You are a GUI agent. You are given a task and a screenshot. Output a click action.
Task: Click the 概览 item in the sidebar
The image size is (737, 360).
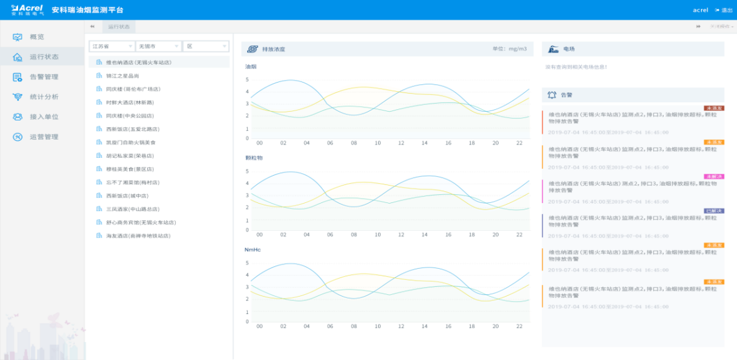(x=37, y=37)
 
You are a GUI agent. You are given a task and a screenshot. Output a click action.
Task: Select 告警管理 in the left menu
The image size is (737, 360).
(x=43, y=77)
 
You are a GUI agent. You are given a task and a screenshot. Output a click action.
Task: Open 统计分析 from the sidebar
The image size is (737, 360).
(x=43, y=97)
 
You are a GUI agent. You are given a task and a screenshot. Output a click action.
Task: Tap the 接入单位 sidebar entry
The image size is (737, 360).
(x=43, y=117)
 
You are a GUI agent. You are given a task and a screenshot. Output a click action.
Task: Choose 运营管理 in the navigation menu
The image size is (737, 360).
(x=43, y=137)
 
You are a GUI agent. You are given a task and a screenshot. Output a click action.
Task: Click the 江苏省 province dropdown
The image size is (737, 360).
(x=112, y=47)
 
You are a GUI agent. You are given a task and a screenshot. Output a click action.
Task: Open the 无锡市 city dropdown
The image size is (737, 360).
(x=158, y=47)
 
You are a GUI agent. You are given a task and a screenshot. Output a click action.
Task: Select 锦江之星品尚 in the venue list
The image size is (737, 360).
(x=118, y=76)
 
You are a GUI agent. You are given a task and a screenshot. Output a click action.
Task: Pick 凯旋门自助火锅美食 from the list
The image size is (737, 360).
(x=129, y=142)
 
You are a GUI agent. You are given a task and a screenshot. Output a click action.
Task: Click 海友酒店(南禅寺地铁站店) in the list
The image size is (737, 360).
(x=137, y=236)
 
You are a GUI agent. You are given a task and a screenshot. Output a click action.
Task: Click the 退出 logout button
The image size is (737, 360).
(x=725, y=10)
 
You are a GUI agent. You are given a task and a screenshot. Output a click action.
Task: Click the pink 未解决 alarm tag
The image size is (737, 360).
(x=713, y=177)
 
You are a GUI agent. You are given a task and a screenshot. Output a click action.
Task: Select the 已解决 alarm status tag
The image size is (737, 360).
(x=713, y=211)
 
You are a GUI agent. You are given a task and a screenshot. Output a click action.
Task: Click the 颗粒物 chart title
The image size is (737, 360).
(x=255, y=158)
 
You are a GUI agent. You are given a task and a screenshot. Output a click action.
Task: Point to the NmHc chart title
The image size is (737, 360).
(x=252, y=250)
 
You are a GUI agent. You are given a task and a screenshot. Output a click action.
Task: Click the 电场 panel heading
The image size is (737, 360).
(x=569, y=49)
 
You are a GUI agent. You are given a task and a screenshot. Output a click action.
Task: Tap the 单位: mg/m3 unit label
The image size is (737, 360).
(x=509, y=49)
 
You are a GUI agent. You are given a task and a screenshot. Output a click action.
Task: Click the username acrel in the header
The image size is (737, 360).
(x=700, y=10)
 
